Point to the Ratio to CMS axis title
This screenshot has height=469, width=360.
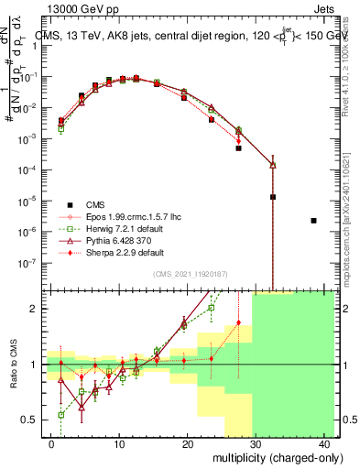(13, 364)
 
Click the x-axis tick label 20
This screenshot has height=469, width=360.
(188, 442)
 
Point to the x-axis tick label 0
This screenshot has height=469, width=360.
(51, 442)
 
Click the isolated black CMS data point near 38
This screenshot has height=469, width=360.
(313, 221)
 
